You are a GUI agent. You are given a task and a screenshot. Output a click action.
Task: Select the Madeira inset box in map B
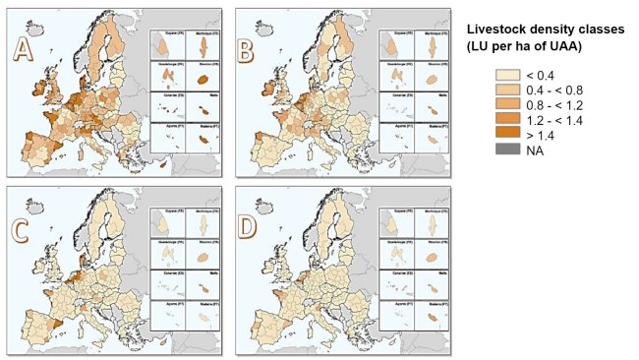(x=431, y=137)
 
